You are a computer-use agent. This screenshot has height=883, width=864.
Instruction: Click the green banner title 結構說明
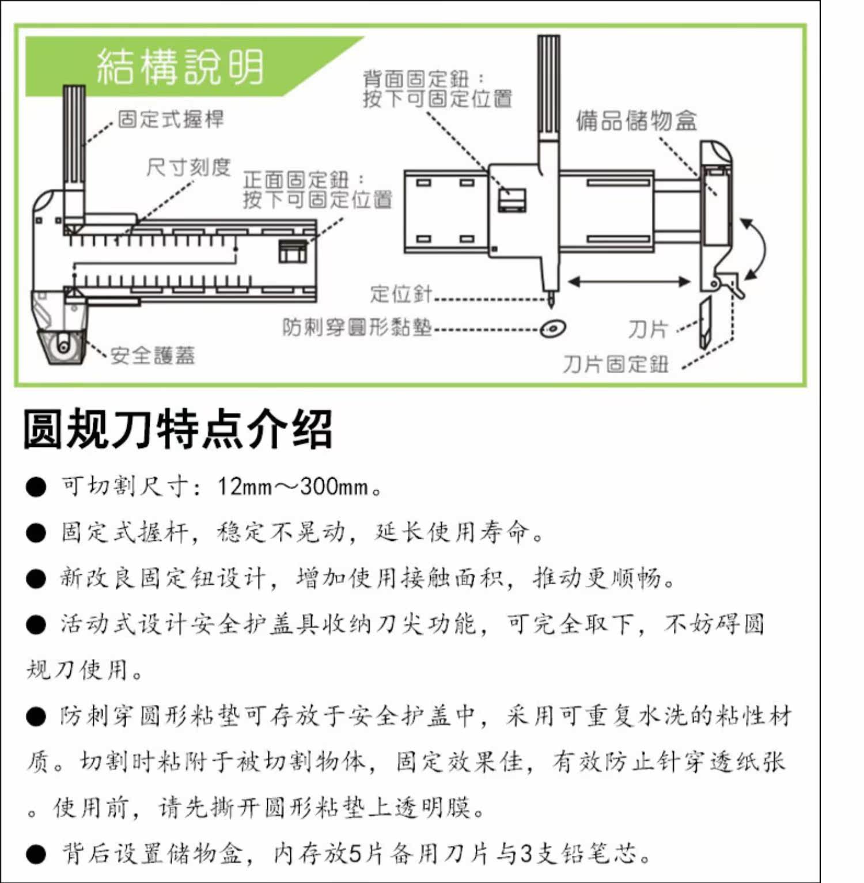point(180,66)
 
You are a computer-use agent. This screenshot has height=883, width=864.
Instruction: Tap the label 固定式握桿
point(170,119)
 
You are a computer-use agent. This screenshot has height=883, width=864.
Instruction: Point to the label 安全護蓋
point(153,355)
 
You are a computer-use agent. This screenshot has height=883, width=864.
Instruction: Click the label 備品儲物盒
point(636,121)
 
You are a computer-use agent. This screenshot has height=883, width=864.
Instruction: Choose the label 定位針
point(401,294)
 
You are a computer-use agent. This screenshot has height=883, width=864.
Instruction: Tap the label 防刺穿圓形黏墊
point(357,327)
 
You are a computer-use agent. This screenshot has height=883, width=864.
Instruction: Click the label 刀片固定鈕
point(616,364)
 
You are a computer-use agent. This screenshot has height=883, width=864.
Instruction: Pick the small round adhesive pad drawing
point(553,329)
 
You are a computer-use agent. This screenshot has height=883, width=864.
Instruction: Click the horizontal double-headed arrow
point(629,282)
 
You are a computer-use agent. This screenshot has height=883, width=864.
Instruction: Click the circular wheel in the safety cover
point(62,346)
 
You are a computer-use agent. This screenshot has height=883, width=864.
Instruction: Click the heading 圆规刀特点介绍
point(178,429)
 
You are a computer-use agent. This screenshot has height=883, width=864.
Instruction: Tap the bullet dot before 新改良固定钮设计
point(36,578)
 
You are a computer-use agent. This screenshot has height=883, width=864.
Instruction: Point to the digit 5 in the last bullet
point(355,853)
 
